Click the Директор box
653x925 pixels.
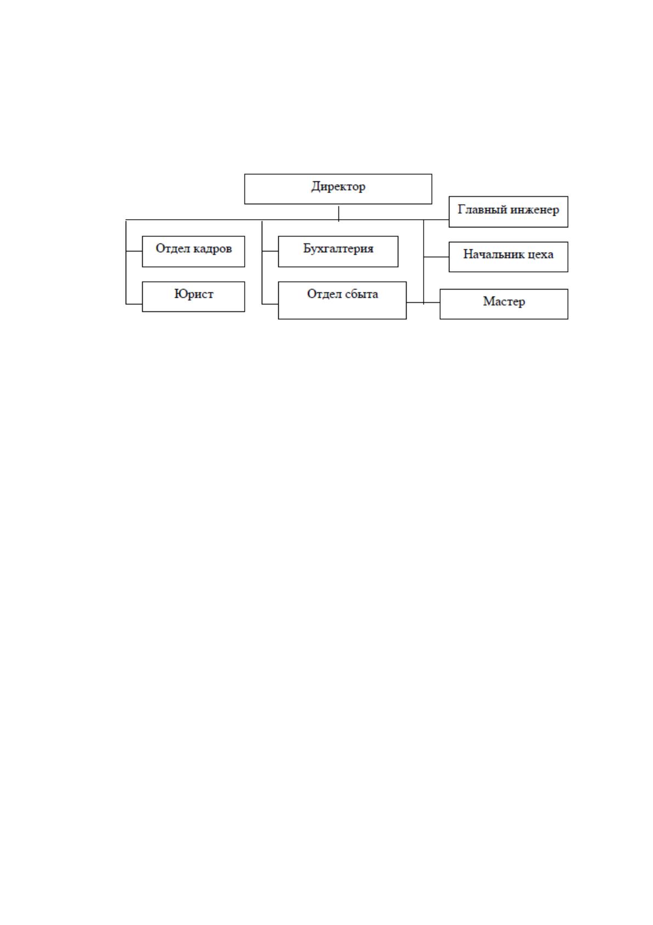tap(338, 189)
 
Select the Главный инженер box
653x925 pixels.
tap(508, 211)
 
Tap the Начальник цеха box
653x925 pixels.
tap(508, 257)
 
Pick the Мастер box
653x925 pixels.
tap(504, 304)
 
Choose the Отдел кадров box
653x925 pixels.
tap(193, 251)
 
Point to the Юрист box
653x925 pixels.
tap(193, 297)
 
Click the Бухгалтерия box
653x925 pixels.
tap(338, 251)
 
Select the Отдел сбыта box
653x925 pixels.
tap(342, 300)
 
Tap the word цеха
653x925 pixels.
tap(541, 254)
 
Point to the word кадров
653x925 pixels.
tap(212, 249)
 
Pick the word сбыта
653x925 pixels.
tap(362, 294)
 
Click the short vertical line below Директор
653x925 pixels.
tap(338, 214)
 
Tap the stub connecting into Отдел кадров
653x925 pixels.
tap(134, 250)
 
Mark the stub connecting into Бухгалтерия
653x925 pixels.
tap(270, 250)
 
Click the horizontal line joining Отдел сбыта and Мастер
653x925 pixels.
tap(423, 302)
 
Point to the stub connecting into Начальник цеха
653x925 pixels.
tap(436, 257)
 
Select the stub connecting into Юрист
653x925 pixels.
tap(134, 304)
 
